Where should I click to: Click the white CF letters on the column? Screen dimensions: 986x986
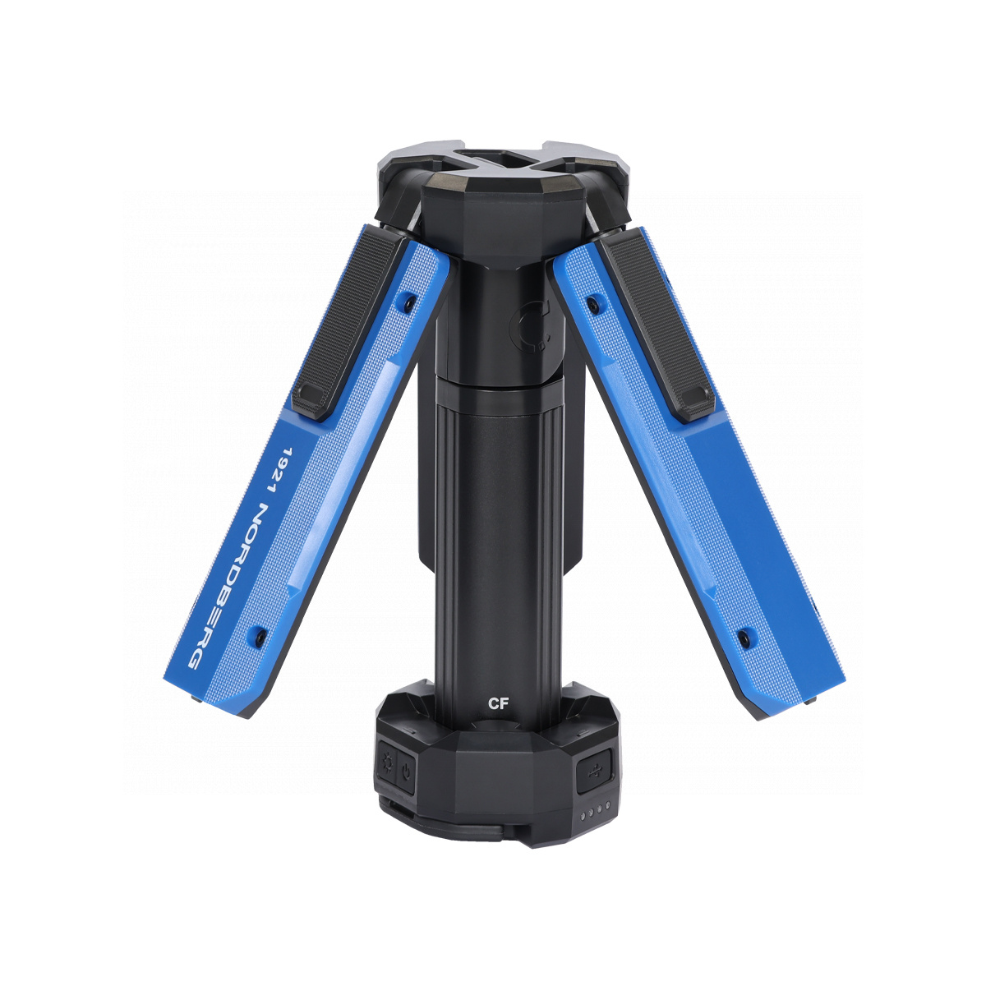497,704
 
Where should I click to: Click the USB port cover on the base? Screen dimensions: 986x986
595,771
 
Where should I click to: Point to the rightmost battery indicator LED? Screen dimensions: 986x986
607,806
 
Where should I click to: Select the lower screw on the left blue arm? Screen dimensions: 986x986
260,637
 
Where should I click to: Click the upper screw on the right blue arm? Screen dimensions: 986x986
593,304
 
